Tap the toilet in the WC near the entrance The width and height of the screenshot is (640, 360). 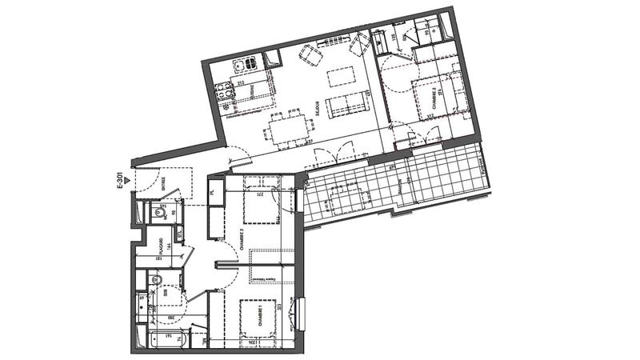[154, 212]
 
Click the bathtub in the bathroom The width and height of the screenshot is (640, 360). [165, 338]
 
